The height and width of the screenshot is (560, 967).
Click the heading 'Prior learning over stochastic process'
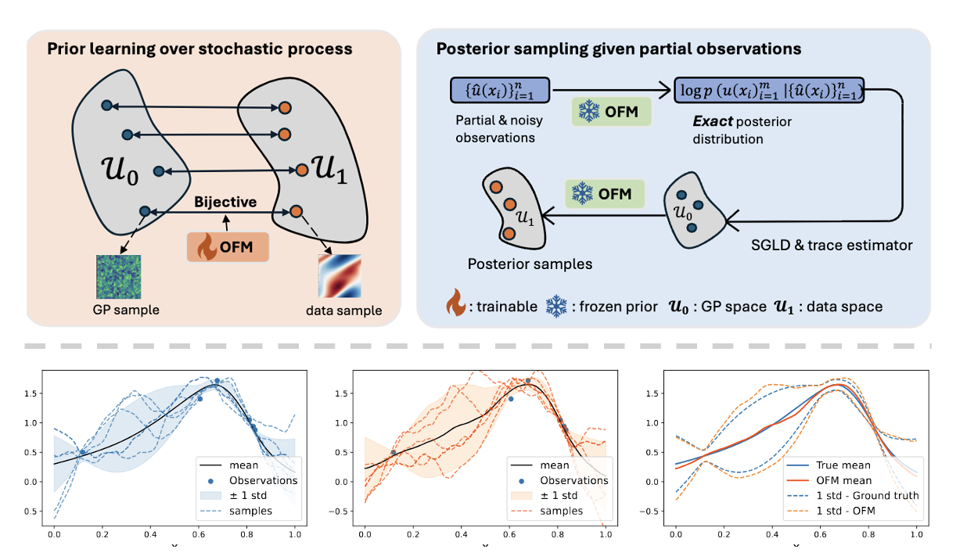coord(200,49)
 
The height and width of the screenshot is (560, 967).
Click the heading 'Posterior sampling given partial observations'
coord(618,48)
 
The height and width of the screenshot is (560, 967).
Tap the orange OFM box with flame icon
coord(228,247)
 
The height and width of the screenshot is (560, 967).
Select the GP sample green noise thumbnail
coord(119,276)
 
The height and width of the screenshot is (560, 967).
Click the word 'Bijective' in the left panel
coord(226,202)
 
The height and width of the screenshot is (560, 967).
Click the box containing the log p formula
coord(769,91)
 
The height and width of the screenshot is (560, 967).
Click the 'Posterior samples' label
coord(530,264)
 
